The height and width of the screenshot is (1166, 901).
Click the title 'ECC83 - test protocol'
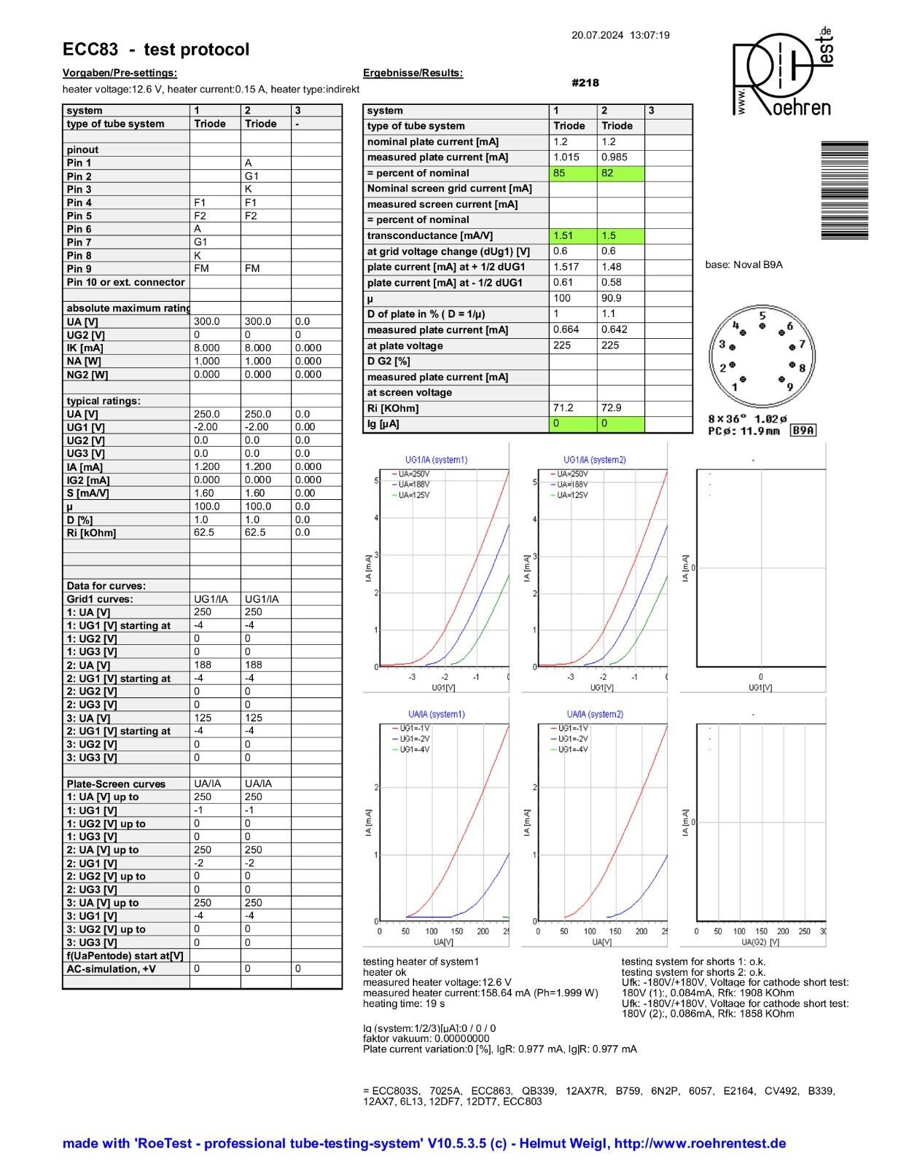pyautogui.click(x=156, y=50)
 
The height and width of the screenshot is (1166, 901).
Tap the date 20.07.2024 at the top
pyautogui.click(x=597, y=35)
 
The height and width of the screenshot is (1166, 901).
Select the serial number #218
pyautogui.click(x=585, y=83)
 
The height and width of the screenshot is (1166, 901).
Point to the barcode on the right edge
pyautogui.click(x=844, y=189)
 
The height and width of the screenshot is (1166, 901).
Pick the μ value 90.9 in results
pyautogui.click(x=612, y=298)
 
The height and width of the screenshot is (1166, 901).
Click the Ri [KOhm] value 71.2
pyautogui.click(x=563, y=408)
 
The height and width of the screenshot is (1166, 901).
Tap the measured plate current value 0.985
pyautogui.click(x=615, y=157)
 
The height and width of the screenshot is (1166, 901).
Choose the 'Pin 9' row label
pyautogui.click(x=79, y=269)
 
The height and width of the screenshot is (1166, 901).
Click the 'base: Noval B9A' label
pyautogui.click(x=744, y=265)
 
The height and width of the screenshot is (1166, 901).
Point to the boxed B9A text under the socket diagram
pyautogui.click(x=803, y=431)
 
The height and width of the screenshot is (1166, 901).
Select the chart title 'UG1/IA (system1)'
pyautogui.click(x=436, y=460)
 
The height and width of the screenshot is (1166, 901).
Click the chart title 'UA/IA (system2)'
pyautogui.click(x=595, y=714)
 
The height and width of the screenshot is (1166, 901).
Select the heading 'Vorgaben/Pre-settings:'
pyautogui.click(x=120, y=73)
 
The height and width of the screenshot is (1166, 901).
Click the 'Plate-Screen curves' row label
pyautogui.click(x=116, y=784)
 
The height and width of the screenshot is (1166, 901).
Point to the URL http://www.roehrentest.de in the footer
pyautogui.click(x=700, y=1143)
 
